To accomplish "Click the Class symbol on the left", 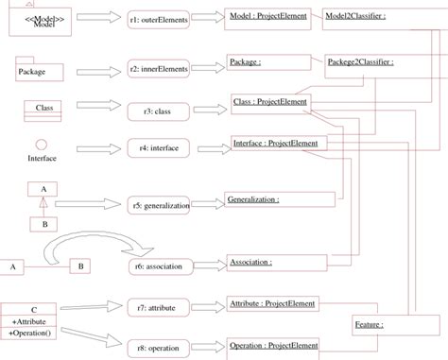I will pos(43,108).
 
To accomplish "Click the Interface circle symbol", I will pos(42,144).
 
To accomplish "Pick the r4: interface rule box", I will pos(158,148).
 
